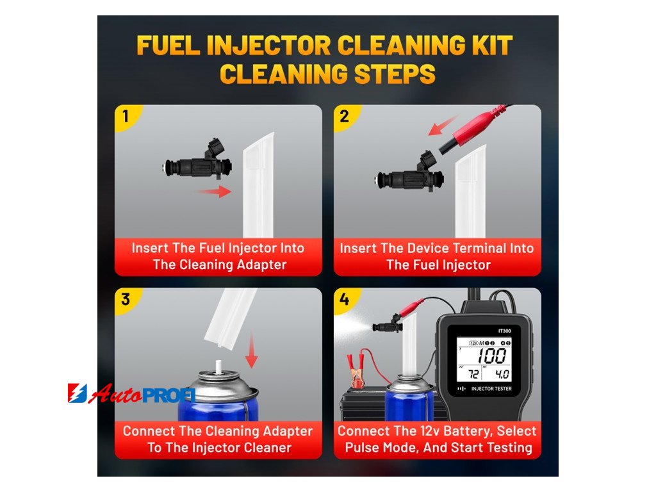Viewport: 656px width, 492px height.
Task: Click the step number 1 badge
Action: [126, 117]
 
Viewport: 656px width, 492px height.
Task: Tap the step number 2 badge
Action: [344, 117]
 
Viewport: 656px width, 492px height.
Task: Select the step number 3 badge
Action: [126, 300]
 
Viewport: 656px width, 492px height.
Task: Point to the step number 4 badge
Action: [344, 300]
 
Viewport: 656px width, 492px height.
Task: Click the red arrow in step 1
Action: [214, 192]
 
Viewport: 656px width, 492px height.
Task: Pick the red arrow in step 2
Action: [443, 126]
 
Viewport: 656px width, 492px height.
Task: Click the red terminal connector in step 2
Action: [473, 128]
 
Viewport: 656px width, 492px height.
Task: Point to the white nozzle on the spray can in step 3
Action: [218, 366]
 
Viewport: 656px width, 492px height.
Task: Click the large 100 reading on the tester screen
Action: [493, 356]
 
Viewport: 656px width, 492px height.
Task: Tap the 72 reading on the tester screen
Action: [473, 373]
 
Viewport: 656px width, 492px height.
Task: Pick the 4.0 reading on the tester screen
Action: [502, 373]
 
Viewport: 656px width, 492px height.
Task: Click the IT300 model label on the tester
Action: [505, 331]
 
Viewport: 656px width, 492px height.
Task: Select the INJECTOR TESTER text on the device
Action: [491, 389]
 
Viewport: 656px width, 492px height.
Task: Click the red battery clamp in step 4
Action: [355, 369]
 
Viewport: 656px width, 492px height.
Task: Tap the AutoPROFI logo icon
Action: [78, 393]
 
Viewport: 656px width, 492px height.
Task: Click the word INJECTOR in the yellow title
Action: [270, 45]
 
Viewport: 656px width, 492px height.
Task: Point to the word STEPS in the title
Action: [395, 74]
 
